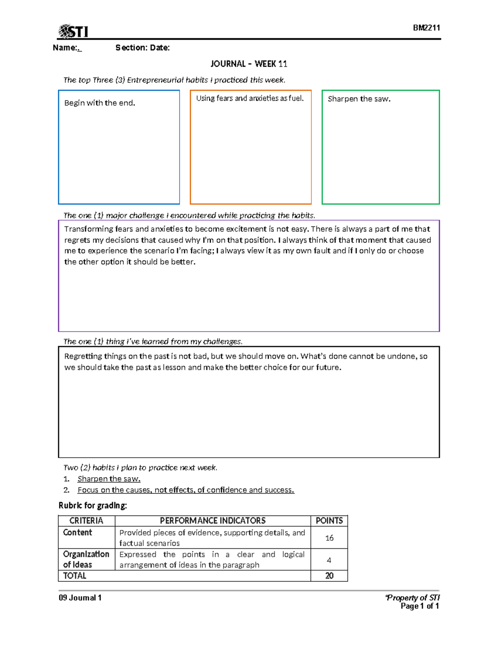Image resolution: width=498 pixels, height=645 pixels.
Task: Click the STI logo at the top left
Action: coord(73,31)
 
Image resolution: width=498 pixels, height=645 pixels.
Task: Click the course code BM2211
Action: coord(426,28)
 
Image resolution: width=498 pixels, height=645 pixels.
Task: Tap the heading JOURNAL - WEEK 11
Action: coord(249,64)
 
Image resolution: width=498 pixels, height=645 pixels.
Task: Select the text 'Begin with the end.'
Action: coord(100,103)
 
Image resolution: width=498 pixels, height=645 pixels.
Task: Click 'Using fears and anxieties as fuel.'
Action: coord(250,98)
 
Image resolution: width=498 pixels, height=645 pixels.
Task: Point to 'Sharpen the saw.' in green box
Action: coord(359,99)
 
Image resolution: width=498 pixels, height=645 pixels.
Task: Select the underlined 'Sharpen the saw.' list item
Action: coord(109,479)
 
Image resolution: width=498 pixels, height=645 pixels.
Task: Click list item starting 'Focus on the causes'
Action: coord(186,490)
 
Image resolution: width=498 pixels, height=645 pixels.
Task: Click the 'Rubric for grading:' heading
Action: coord(93,505)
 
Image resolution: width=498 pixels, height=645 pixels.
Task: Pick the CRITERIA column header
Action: coord(86,521)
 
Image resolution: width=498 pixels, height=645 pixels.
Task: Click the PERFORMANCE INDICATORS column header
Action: coord(212,521)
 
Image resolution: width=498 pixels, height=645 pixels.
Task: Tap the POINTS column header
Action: coord(329,521)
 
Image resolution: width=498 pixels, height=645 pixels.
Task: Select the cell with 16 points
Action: coord(329,538)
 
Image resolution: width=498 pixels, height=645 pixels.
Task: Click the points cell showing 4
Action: coord(329,560)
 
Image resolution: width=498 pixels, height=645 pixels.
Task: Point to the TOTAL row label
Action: coord(75,576)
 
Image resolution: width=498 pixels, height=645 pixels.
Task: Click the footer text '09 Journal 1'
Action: coord(80,598)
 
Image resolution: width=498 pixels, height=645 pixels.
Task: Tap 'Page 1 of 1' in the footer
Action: coord(420,606)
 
